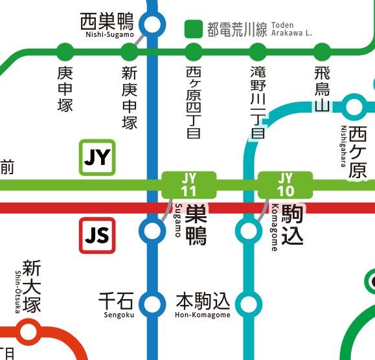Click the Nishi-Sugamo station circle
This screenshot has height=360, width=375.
coord(152,25)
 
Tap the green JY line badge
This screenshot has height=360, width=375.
coord(97,157)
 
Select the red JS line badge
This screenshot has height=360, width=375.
coord(97,236)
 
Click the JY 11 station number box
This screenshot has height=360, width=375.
coord(188,185)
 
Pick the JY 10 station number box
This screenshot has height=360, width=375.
coord(285,185)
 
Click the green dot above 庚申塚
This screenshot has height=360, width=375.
coord(65,51)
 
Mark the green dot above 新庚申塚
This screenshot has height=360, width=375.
coord(130,51)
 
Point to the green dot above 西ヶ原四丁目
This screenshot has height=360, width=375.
coord(194,51)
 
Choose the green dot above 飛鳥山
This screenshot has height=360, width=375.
coord(322,51)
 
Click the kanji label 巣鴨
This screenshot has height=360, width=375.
coord(196,225)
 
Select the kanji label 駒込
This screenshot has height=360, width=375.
coord(291,225)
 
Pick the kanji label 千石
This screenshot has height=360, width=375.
coord(116,300)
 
